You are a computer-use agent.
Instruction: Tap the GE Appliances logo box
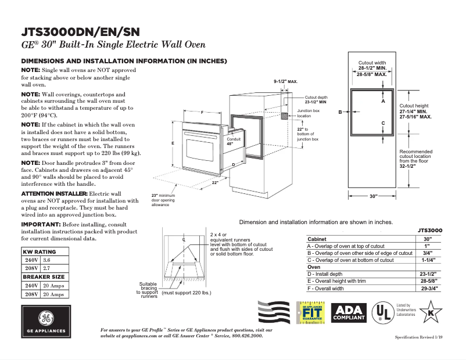pos(46,322)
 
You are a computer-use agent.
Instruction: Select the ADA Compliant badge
pos(349,313)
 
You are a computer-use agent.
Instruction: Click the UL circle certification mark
pos(382,313)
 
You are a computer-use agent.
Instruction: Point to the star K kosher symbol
pos(431,313)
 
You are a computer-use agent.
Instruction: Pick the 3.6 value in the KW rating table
pos(48,261)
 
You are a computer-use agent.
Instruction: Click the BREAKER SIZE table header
pos(44,277)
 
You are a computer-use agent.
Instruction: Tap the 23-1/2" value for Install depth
pos(428,273)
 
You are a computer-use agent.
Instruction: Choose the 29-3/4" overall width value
pos(428,288)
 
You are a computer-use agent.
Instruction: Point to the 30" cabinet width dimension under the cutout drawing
pos(374,197)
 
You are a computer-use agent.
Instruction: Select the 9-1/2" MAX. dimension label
pos(285,82)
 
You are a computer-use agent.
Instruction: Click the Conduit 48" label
pos(234,142)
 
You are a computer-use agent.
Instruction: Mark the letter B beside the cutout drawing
pos(340,112)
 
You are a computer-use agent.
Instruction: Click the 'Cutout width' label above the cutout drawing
pos(372,63)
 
